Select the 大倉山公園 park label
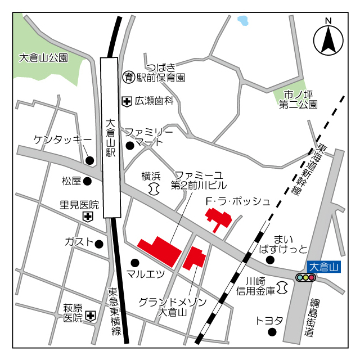(43, 57)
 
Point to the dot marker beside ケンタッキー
(89, 161)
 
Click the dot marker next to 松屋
(88, 181)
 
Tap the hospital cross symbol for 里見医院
(88, 216)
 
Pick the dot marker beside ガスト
(99, 244)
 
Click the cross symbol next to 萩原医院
(90, 317)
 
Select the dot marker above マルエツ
(135, 262)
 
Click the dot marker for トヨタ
(273, 332)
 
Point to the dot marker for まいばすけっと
(270, 259)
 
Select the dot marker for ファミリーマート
(129, 146)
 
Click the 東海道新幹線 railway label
(309, 169)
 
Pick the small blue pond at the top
(243, 21)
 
